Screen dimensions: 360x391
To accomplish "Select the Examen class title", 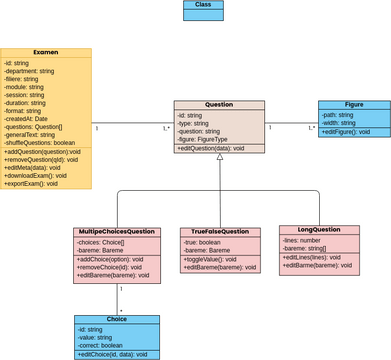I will pyautogui.click(x=45, y=52).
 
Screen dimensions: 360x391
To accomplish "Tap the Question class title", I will pyautogui.click(x=219, y=105).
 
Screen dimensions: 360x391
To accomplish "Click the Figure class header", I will pyautogui.click(x=354, y=105).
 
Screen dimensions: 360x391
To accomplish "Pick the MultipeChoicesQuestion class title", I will pyautogui.click(x=116, y=232).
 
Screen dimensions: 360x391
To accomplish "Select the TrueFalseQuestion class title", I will pyautogui.click(x=220, y=232).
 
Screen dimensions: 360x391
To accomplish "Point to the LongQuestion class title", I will pyautogui.click(x=311, y=229).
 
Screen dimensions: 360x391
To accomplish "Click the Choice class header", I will pyautogui.click(x=116, y=320).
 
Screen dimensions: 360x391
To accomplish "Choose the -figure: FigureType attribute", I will pyautogui.click(x=207, y=139).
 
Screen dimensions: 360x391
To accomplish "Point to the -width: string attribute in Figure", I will pyautogui.click(x=340, y=123).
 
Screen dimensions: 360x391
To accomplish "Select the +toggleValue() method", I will pyautogui.click(x=211, y=258).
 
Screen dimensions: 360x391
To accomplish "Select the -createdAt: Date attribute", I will pyautogui.click(x=30, y=118).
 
